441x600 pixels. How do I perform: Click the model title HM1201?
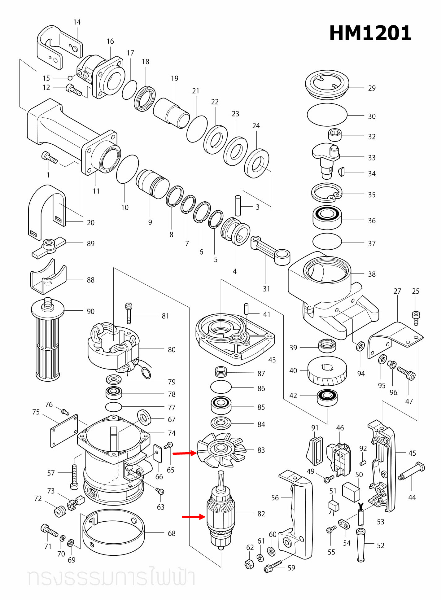[370, 33]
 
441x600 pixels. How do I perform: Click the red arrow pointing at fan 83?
[185, 453]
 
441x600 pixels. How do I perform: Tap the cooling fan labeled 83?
[221, 449]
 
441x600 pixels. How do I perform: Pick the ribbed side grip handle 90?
[48, 341]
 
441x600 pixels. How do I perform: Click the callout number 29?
[372, 88]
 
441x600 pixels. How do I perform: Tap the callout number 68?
[172, 533]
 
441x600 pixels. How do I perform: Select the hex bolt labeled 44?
[412, 471]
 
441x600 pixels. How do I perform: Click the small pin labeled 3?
[238, 205]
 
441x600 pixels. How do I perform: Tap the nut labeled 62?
[249, 564]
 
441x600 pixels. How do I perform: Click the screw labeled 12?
[74, 90]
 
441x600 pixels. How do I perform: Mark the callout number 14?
[77, 22]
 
